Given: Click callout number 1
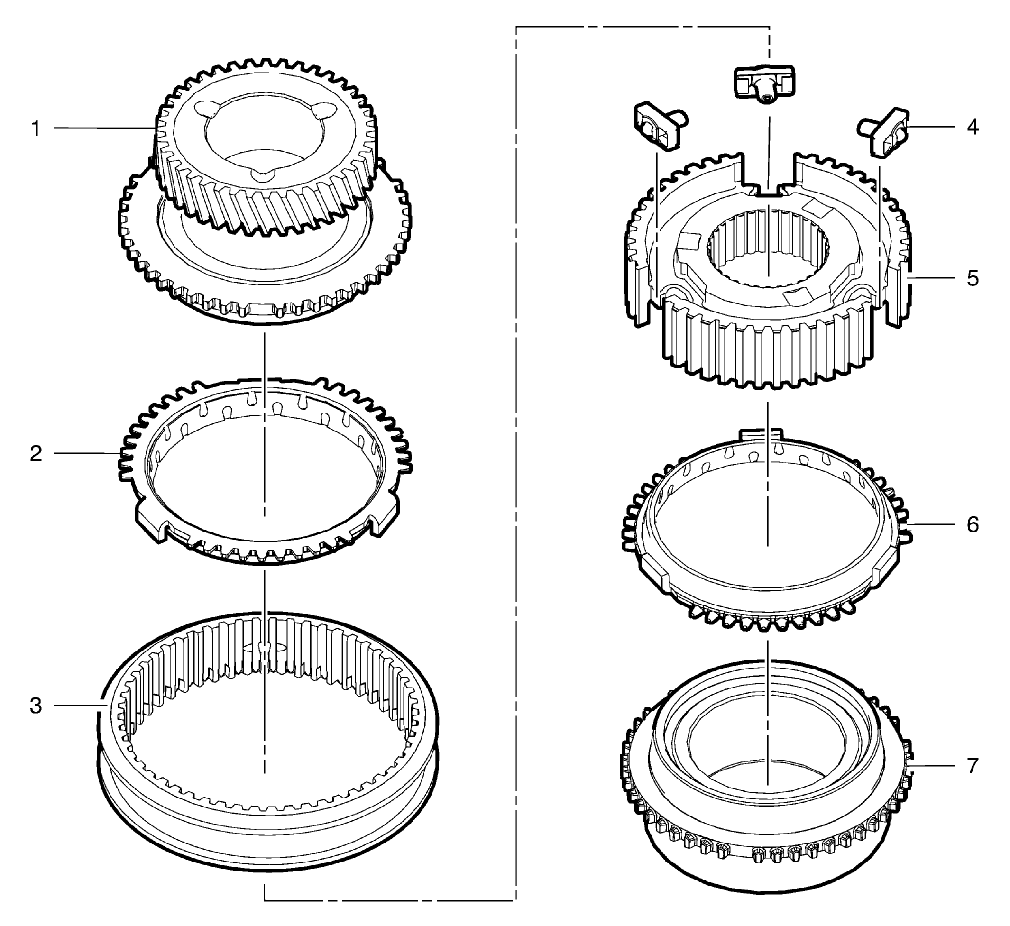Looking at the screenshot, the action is pos(36,129).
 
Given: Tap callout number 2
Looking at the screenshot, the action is pos(36,454).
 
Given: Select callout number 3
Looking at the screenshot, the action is pos(36,706).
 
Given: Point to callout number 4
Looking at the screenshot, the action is pos(973,127).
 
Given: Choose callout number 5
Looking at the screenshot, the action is pos(973,278).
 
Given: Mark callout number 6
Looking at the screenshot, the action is pos(973,524).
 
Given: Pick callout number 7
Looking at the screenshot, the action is pos(973,766).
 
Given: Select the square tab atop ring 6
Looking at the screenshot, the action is pos(761,433).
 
